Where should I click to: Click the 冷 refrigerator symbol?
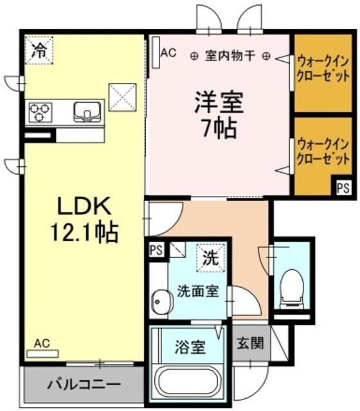click(x=39, y=50)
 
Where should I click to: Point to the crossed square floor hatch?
click(x=122, y=97)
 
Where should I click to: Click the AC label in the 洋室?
click(x=168, y=53)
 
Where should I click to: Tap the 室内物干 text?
click(x=230, y=55)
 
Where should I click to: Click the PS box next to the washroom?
click(x=155, y=250)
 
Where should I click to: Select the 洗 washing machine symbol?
click(x=211, y=258)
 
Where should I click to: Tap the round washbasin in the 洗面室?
click(x=161, y=301)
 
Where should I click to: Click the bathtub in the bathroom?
click(x=187, y=385)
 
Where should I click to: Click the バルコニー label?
click(x=83, y=385)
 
